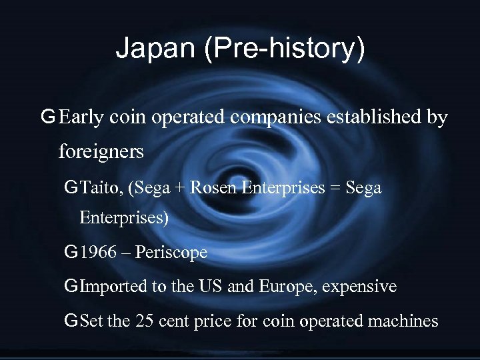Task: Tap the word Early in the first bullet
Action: click(x=81, y=118)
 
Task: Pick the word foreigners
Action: click(x=101, y=151)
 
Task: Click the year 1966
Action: click(x=99, y=253)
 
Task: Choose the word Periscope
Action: click(x=174, y=253)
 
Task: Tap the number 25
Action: click(x=144, y=321)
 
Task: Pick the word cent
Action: click(x=173, y=321)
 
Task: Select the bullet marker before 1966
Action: click(x=71, y=253)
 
